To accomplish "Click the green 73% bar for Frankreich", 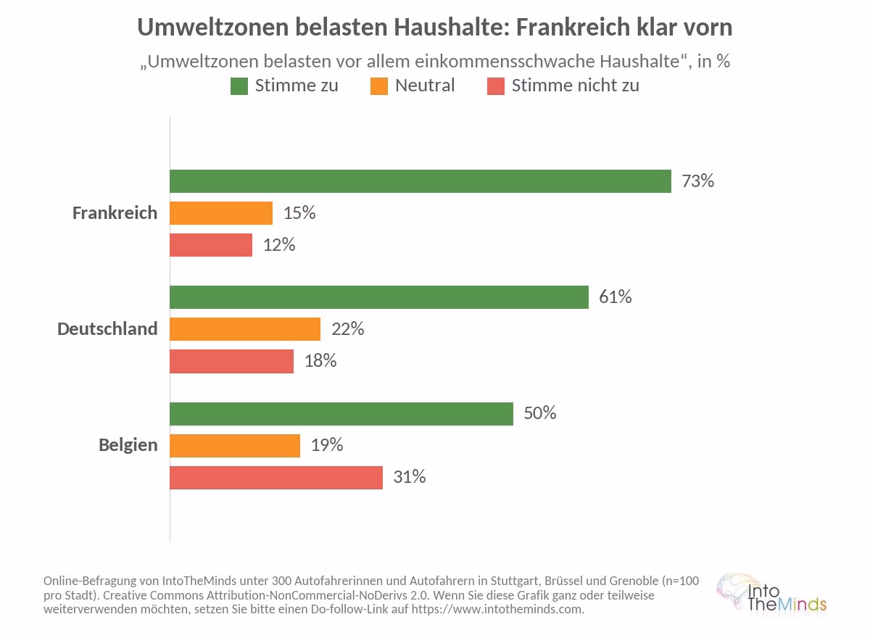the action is (420, 181).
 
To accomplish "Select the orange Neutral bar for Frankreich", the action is (221, 213).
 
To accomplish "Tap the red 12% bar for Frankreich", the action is (211, 245).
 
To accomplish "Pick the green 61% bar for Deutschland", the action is (379, 297).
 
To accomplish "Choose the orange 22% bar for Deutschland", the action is (246, 329).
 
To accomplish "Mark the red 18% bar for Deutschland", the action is (232, 362).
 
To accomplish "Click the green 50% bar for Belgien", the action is (341, 414).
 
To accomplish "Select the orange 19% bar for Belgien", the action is (235, 446).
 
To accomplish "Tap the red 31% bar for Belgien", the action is (276, 478).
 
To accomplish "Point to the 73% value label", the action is (698, 181).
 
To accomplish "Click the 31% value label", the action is (410, 477).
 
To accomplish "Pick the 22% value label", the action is (347, 329).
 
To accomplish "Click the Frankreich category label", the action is (115, 213).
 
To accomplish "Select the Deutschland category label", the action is (107, 329).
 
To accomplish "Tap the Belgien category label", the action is (128, 445).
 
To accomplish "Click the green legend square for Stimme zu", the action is (239, 86).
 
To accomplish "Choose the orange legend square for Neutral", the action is (379, 86).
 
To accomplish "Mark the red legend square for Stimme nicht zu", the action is (496, 86).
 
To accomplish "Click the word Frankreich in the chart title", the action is (573, 27).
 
